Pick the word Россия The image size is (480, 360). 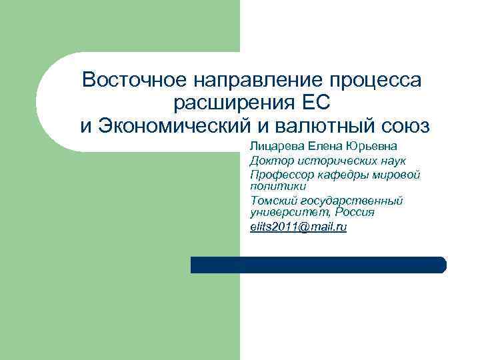pos(355,212)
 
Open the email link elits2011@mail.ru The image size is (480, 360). pos(298,227)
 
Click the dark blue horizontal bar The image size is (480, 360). pos(318,265)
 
